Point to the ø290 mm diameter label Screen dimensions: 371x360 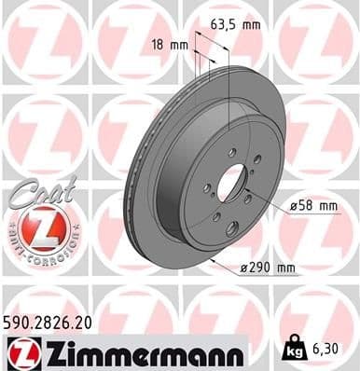269,268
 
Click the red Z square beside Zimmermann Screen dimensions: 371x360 21,351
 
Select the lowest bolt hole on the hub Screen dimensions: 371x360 217,216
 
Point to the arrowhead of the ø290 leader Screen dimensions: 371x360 214,263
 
